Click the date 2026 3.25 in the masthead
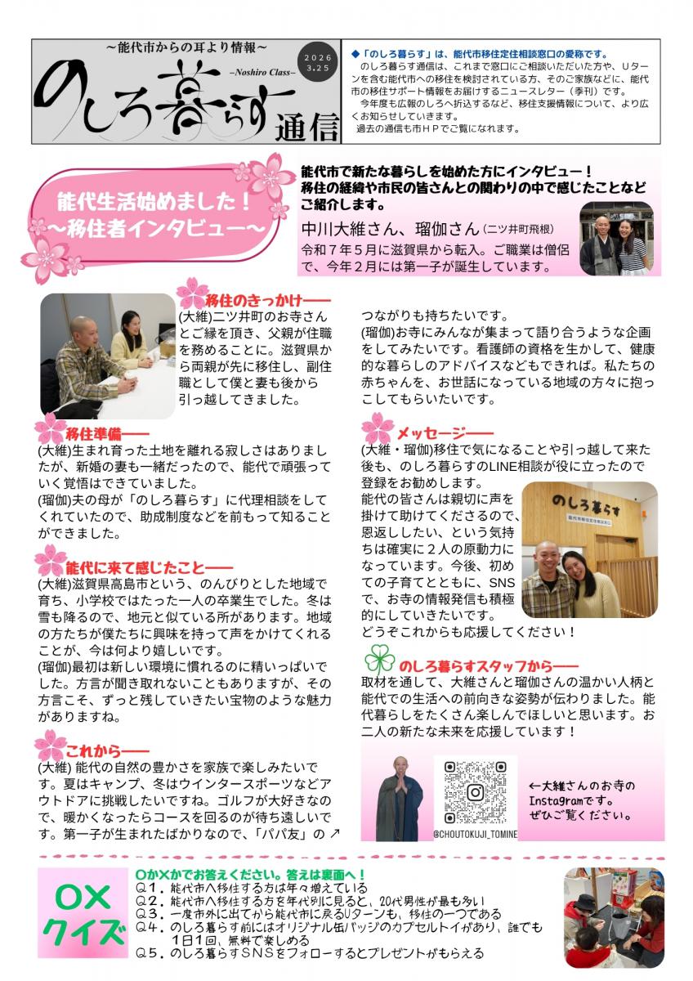tap(318, 63)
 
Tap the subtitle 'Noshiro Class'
tap(262, 73)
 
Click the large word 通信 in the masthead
tap(307, 126)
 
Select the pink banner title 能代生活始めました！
tap(154, 203)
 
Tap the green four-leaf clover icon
tap(379, 659)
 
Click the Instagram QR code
tap(476, 792)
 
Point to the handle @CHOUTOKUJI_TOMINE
tap(475, 834)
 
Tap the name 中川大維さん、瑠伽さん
tap(391, 229)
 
